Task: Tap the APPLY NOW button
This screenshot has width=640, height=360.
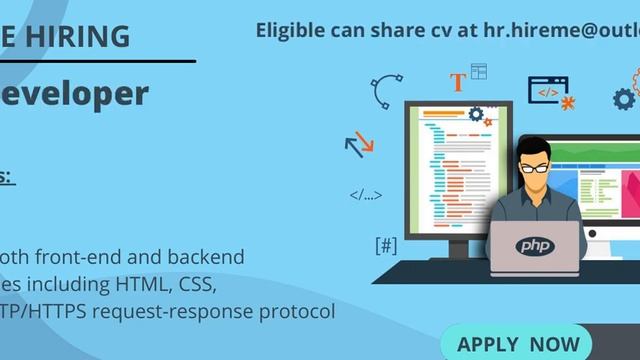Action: pos(518,344)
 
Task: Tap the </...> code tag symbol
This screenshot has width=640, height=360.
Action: pos(365,195)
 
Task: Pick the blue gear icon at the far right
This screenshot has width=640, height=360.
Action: pos(624,98)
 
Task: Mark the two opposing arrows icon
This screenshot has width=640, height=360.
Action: pos(358,145)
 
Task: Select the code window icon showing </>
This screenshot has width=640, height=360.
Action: pos(547,90)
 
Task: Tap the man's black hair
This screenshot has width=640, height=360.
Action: pos(538,148)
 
